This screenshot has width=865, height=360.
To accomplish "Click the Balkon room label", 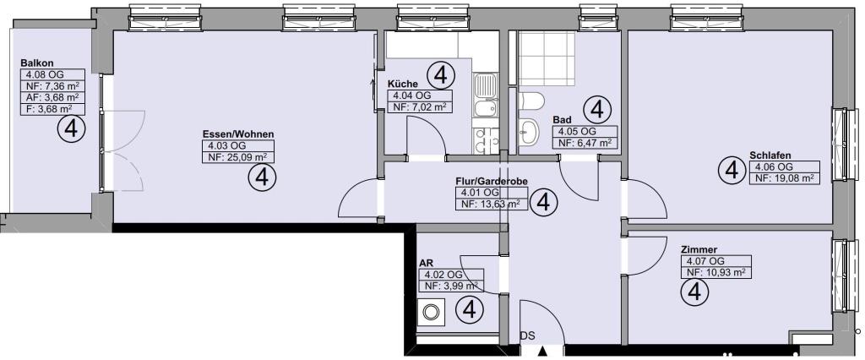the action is coord(33,63).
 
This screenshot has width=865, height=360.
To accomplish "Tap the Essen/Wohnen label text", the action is coord(238,134).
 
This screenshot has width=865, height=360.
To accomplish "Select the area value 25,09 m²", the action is coord(246,157).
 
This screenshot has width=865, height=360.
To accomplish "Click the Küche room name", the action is coord(401,84).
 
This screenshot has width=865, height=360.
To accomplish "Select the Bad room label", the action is coord(561,120).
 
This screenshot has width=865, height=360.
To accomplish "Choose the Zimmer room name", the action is coord(699,249).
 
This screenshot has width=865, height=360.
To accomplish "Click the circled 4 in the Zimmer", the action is coord(696,291).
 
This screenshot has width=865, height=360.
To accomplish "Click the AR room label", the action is coord(426,264).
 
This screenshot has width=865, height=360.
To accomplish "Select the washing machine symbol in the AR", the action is coord(431,313).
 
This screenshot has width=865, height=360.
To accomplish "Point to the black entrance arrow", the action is coord(543,352).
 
